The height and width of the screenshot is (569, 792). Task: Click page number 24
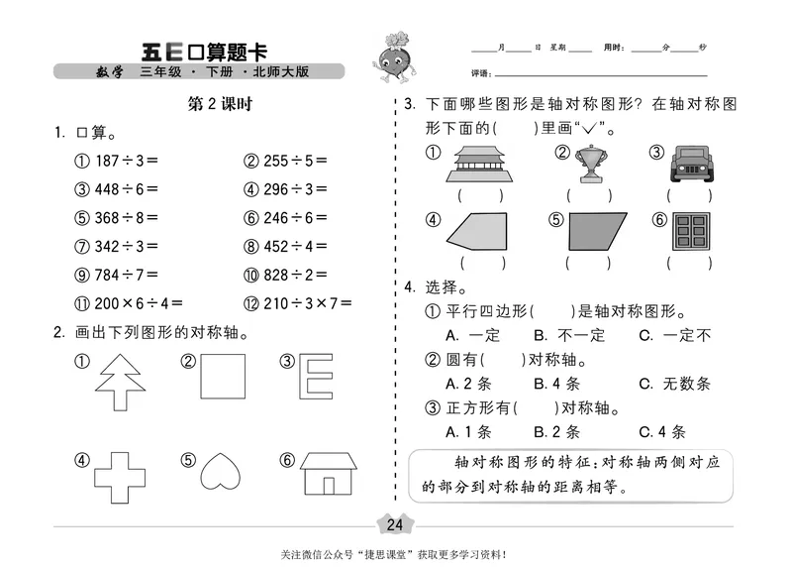point(395,524)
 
